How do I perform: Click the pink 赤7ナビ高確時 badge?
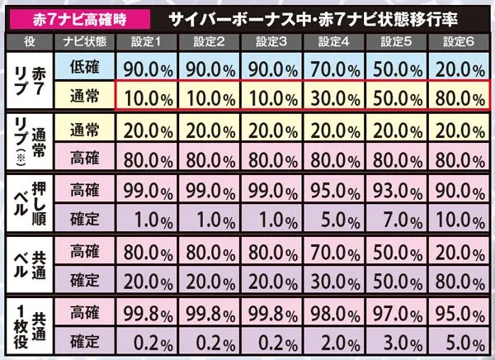tap(79, 19)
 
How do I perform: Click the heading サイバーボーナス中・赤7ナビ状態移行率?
tap(313, 20)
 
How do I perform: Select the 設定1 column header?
tap(147, 42)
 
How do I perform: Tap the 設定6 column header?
tap(459, 42)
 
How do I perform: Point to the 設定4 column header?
tap(333, 42)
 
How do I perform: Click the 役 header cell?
tap(30, 42)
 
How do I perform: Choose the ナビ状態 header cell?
tap(85, 42)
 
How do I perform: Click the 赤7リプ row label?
tap(30, 81)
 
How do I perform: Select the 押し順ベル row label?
tap(30, 203)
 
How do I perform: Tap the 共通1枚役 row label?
tap(30, 326)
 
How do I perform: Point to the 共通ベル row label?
tap(30, 265)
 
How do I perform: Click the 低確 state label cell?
tap(85, 66)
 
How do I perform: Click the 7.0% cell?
tap(396, 218)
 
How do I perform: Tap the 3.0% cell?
tap(396, 341)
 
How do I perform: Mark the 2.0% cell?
tap(333, 341)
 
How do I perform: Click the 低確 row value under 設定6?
tap(459, 66)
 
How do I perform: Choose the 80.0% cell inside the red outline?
tap(459, 96)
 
